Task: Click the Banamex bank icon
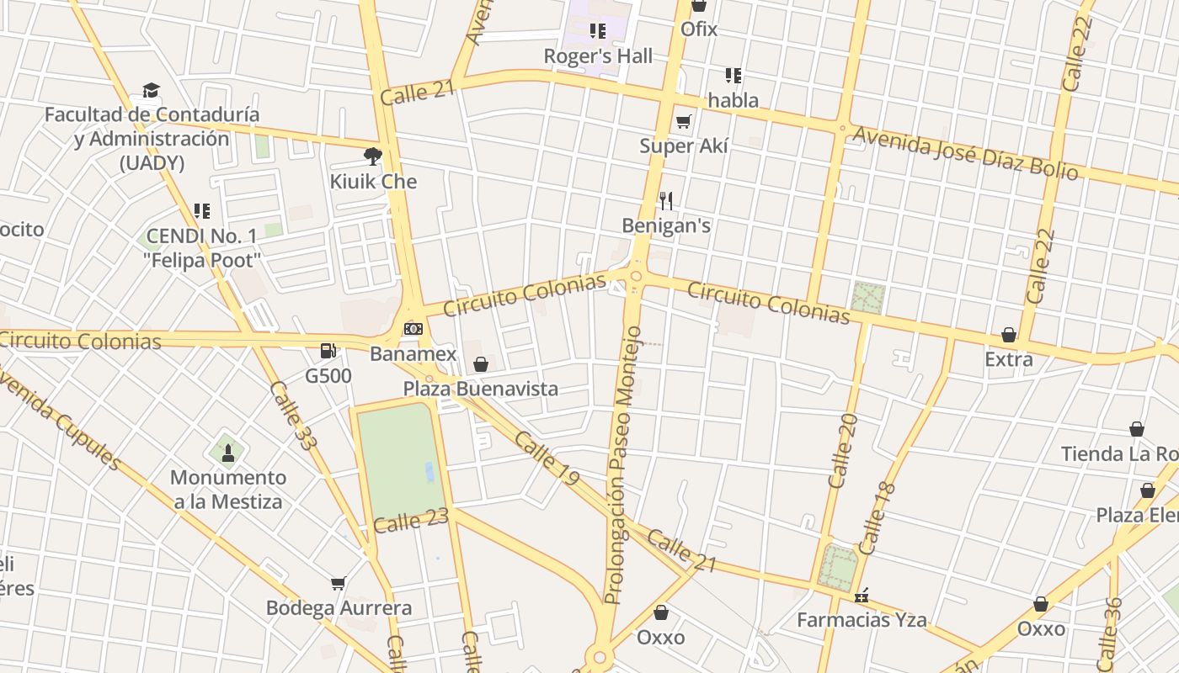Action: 413,329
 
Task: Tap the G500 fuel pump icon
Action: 328,351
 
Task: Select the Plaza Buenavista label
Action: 480,389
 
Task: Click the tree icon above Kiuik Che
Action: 372,156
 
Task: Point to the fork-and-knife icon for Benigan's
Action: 666,200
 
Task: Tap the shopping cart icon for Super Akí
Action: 683,121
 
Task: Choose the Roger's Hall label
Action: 598,56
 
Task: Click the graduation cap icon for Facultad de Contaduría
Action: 151,90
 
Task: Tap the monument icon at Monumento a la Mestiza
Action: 227,453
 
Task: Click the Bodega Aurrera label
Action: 339,607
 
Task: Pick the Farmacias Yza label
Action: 862,621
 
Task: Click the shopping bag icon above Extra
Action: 1008,335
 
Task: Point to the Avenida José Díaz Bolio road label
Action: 965,153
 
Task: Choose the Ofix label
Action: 699,29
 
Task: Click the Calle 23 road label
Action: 411,522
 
